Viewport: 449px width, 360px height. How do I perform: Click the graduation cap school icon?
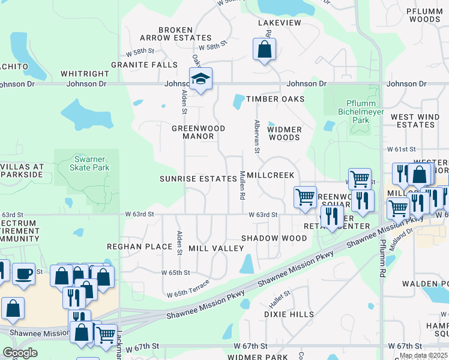point(200,79)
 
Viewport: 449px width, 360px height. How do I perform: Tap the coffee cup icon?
point(23,274)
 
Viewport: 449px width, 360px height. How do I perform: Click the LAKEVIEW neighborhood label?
point(279,23)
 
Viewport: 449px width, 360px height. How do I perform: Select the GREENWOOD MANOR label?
point(198,132)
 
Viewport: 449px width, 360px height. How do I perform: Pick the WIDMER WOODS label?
point(284,133)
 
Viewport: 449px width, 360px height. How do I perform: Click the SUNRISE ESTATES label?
point(198,179)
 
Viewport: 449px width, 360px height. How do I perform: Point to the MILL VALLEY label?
point(208,248)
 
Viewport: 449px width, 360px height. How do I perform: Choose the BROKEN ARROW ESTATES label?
point(175,34)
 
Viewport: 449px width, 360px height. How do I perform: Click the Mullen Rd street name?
point(243,185)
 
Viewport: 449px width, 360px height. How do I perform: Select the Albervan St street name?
point(256,136)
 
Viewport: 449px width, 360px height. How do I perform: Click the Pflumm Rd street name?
point(382,258)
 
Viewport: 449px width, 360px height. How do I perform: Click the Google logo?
point(20,353)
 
